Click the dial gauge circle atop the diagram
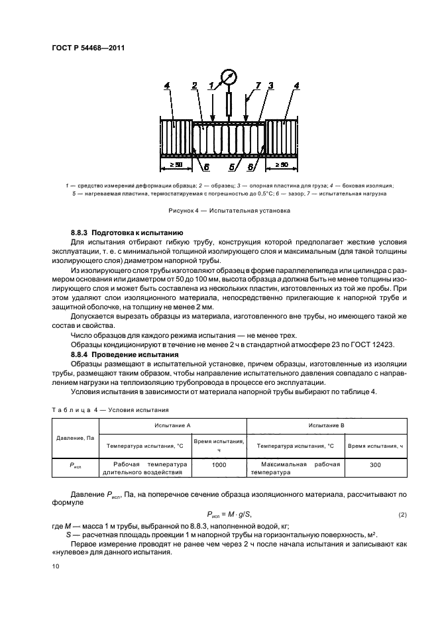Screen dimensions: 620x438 click(x=229, y=77)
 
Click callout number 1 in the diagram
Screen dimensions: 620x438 click(x=211, y=85)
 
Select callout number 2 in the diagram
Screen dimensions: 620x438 click(x=194, y=85)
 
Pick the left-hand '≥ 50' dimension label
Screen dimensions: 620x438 click(x=175, y=164)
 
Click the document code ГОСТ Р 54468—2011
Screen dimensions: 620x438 click(x=89, y=48)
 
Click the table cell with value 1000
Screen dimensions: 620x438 click(x=219, y=465)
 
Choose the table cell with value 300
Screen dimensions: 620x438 click(x=375, y=465)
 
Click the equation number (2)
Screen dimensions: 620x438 click(x=402, y=515)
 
